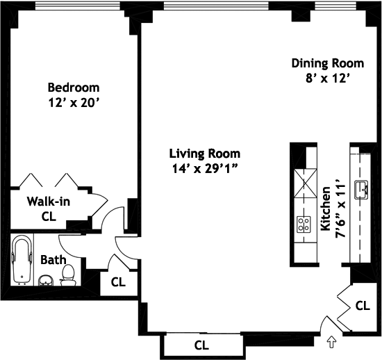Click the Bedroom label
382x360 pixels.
pyautogui.click(x=74, y=88)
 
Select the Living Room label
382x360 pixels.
pyautogui.click(x=205, y=154)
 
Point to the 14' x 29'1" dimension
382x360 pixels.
pyautogui.click(x=205, y=169)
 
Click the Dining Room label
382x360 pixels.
pyautogui.click(x=328, y=63)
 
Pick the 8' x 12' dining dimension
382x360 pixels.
pyautogui.click(x=328, y=79)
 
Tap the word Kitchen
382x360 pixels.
pyautogui.click(x=326, y=209)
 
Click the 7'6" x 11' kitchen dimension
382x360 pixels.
pyautogui.click(x=340, y=211)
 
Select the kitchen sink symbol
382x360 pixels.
pyautogui.click(x=361, y=190)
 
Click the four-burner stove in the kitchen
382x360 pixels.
pyautogui.click(x=304, y=224)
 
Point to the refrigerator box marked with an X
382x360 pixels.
pyautogui.click(x=306, y=183)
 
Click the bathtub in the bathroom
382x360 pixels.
pyautogui.click(x=22, y=260)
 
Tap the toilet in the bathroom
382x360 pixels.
pyautogui.click(x=68, y=275)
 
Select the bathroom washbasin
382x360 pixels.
pyautogui.click(x=46, y=281)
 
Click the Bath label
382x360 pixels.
pyautogui.click(x=53, y=260)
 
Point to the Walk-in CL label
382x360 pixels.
pyautogui.click(x=49, y=209)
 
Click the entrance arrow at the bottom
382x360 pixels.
pyautogui.click(x=331, y=342)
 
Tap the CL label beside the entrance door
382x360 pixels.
pyautogui.click(x=363, y=306)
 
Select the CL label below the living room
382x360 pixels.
pyautogui.click(x=201, y=345)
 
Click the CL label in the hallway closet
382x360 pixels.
pyautogui.click(x=118, y=282)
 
